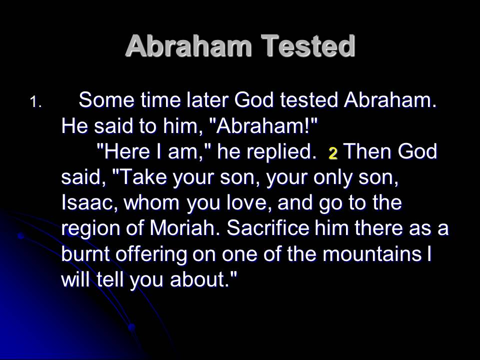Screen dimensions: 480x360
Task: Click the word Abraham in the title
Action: pos(188,46)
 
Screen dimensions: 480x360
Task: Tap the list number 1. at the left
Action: pos(36,102)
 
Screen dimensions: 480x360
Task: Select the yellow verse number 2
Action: pos(333,153)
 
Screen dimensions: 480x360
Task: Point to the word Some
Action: pos(106,100)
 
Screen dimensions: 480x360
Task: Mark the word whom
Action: pos(151,202)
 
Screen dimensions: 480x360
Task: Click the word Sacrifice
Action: pos(268,228)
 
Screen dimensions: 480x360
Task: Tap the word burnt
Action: pos(85,254)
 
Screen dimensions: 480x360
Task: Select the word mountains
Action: pos(372,254)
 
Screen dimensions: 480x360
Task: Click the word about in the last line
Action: pos(198,279)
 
